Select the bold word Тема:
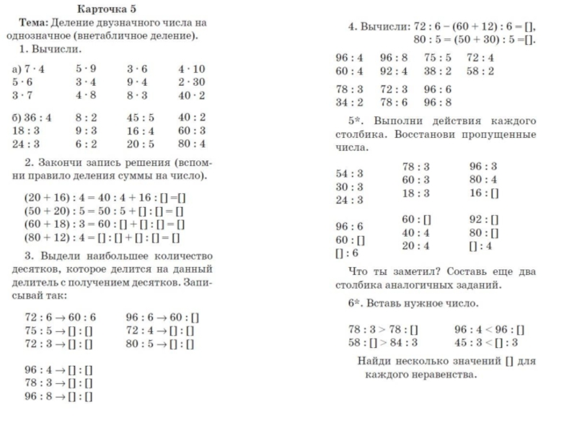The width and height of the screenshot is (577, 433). click(34, 22)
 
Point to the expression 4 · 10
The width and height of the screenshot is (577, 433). click(191, 69)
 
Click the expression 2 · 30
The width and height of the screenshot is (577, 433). click(191, 82)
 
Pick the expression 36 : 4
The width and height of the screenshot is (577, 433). click(32, 118)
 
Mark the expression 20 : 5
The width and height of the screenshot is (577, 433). click(141, 143)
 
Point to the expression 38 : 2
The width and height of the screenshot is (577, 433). click(437, 71)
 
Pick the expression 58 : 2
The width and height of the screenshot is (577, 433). click(480, 71)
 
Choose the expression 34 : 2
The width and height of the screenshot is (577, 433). click(350, 102)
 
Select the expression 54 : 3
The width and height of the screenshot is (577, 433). click(350, 173)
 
